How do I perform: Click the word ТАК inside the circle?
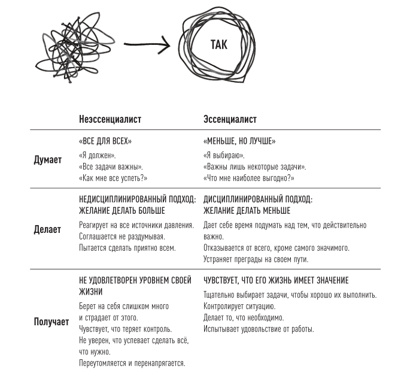click(x=220, y=45)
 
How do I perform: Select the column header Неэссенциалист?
click(x=110, y=119)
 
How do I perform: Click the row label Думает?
click(x=48, y=160)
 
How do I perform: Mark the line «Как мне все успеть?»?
click(x=113, y=178)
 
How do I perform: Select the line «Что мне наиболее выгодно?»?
click(x=249, y=178)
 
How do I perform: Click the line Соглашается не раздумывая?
click(x=121, y=236)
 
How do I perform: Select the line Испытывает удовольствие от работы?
click(x=259, y=329)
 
